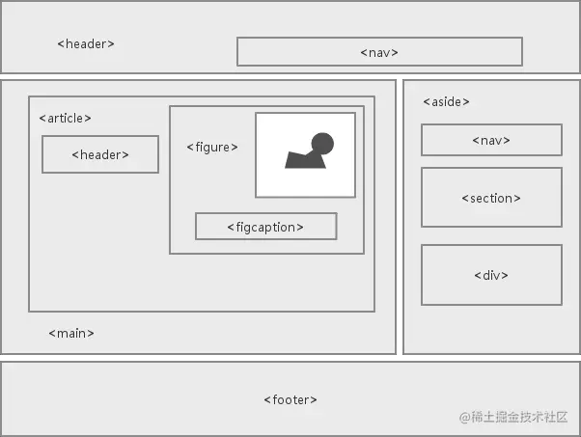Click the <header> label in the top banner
[86, 43]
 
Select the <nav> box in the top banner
[379, 51]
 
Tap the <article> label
[65, 118]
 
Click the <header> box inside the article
[99, 154]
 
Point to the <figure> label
[211, 147]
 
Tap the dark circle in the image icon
[322, 145]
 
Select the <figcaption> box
[265, 226]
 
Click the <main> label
[71, 333]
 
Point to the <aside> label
[446, 101]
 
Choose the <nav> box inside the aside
[491, 140]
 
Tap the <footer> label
[290, 399]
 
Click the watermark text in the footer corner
[514, 417]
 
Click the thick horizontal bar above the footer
[290, 358]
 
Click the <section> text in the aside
[491, 198]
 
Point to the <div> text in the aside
[491, 275]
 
